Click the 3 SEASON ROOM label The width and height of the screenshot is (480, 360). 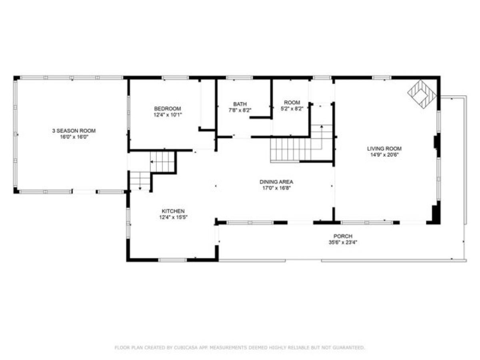[x=74, y=131]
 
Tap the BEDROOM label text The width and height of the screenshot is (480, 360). [x=168, y=109]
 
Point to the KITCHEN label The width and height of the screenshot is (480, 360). [x=173, y=211]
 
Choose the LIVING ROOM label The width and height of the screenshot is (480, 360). [x=384, y=149]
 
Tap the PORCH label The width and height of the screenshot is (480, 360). [x=343, y=236]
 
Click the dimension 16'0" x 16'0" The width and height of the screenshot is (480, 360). [x=74, y=137]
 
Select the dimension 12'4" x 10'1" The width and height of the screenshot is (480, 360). [x=168, y=115]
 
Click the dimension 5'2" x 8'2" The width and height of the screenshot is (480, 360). [x=292, y=108]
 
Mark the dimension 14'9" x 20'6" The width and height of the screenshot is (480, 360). [x=384, y=154]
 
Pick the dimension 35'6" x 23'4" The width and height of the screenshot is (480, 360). [x=343, y=242]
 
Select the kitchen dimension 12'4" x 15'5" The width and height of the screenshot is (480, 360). [x=173, y=217]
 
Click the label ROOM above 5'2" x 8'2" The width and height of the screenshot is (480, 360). [x=292, y=102]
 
